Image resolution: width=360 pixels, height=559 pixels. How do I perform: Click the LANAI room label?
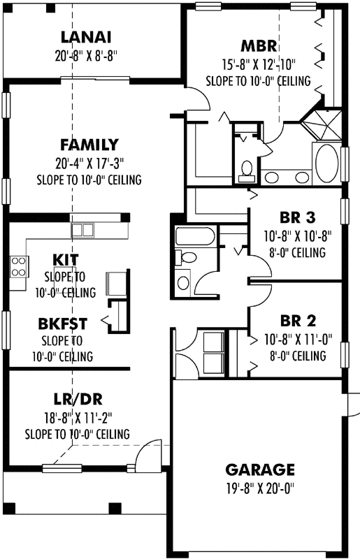(x=87, y=37)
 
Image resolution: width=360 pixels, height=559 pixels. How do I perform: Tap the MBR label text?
(x=258, y=47)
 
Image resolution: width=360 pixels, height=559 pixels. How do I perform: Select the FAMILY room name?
(x=89, y=145)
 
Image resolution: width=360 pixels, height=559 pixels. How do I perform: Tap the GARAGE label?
(x=260, y=469)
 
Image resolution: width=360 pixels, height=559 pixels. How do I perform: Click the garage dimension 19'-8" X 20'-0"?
(x=260, y=488)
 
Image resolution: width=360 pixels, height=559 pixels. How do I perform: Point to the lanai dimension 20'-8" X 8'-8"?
(x=87, y=57)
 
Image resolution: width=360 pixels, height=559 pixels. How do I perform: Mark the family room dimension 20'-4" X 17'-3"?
(x=89, y=164)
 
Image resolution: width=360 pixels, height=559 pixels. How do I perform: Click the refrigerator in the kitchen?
(x=115, y=283)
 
